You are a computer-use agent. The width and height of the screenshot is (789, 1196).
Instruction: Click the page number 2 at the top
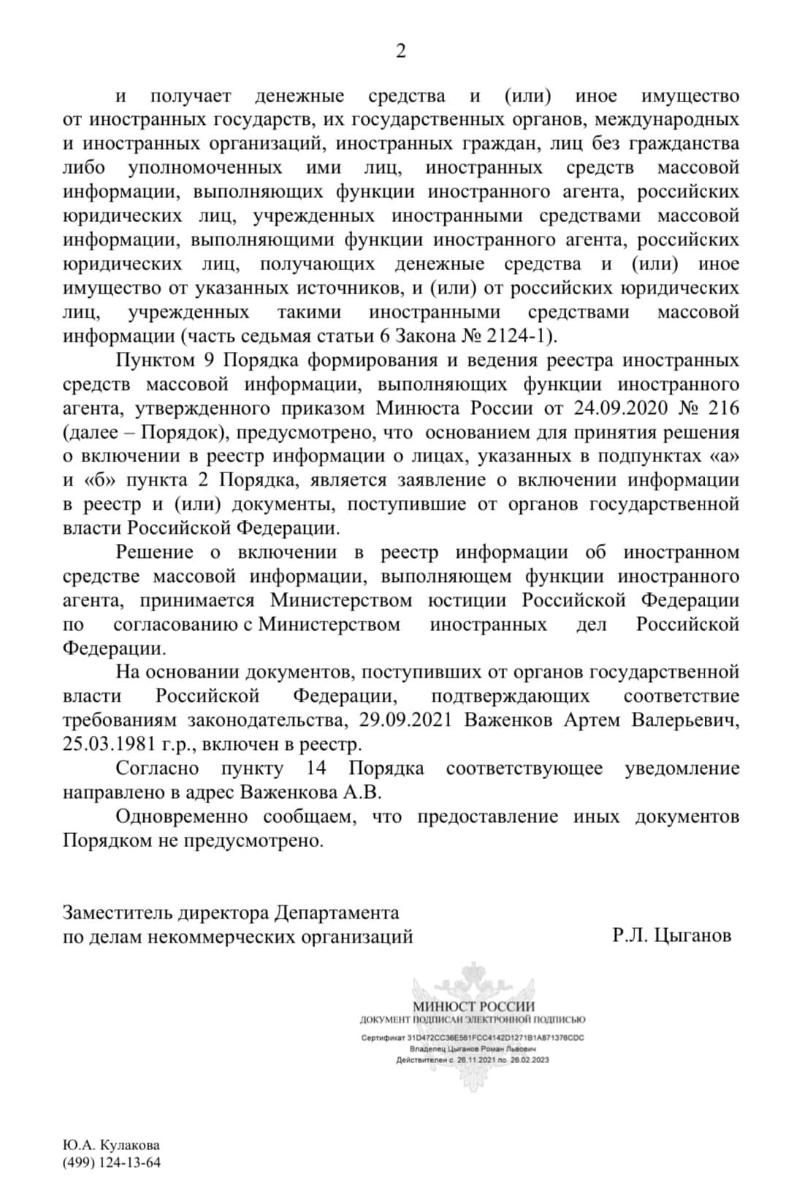(400, 51)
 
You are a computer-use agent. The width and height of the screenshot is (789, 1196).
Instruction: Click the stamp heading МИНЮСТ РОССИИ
(473, 1007)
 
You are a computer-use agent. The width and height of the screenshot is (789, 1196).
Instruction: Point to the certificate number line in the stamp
(473, 1038)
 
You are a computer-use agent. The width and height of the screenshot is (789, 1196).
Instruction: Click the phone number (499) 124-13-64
(112, 1162)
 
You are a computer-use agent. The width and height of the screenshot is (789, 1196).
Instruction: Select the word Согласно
(158, 768)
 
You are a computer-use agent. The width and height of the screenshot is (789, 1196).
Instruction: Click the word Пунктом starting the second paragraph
(155, 360)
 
